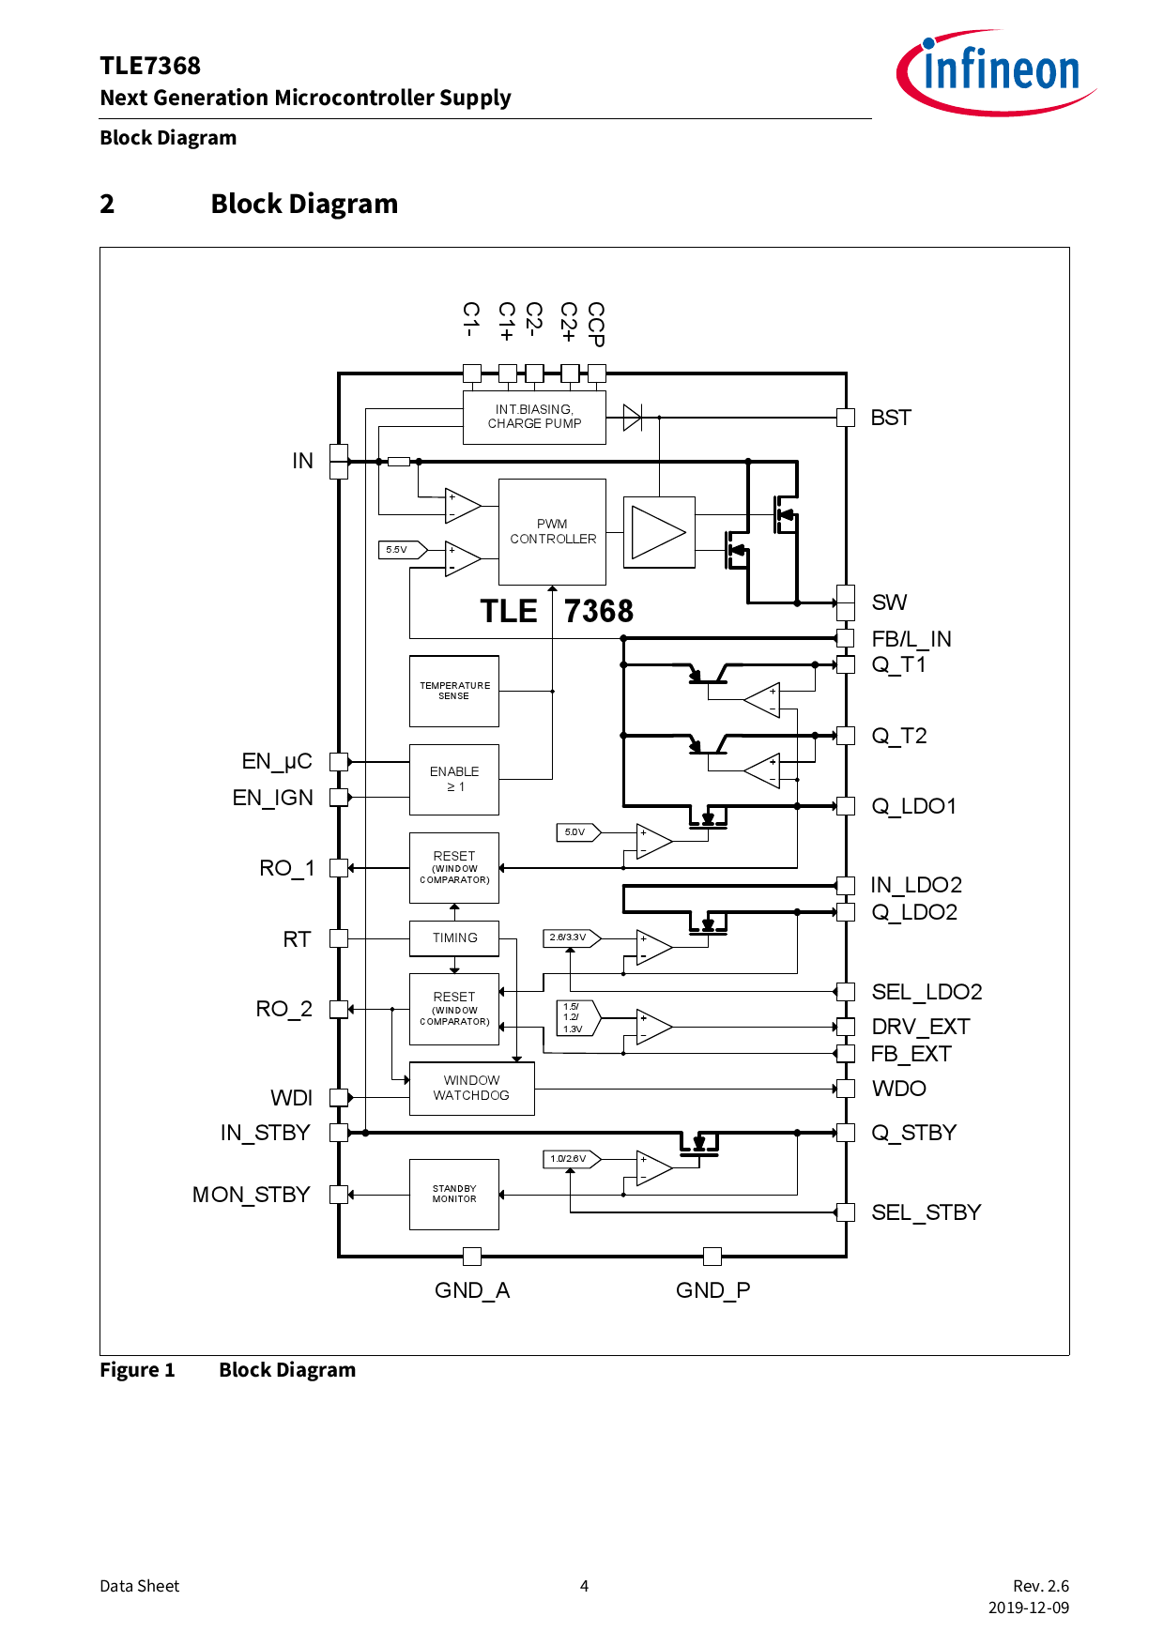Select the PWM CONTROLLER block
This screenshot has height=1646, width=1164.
click(552, 532)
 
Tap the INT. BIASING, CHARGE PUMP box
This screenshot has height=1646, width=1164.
click(534, 417)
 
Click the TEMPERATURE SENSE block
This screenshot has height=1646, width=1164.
click(454, 691)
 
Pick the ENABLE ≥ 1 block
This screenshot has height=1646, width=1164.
click(454, 779)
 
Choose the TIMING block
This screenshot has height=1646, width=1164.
click(454, 937)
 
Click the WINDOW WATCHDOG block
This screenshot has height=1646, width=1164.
click(471, 1089)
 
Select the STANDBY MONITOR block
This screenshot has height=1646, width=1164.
click(454, 1194)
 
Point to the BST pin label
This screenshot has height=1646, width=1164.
click(890, 418)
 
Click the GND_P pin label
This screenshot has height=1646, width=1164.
click(712, 1290)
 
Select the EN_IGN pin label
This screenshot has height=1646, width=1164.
click(273, 798)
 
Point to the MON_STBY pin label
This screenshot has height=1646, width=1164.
click(251, 1195)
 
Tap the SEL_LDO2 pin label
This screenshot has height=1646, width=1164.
click(927, 992)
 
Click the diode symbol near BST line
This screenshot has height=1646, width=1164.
click(633, 418)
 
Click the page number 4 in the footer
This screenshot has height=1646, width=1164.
click(584, 1586)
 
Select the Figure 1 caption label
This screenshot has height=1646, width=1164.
click(137, 1370)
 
